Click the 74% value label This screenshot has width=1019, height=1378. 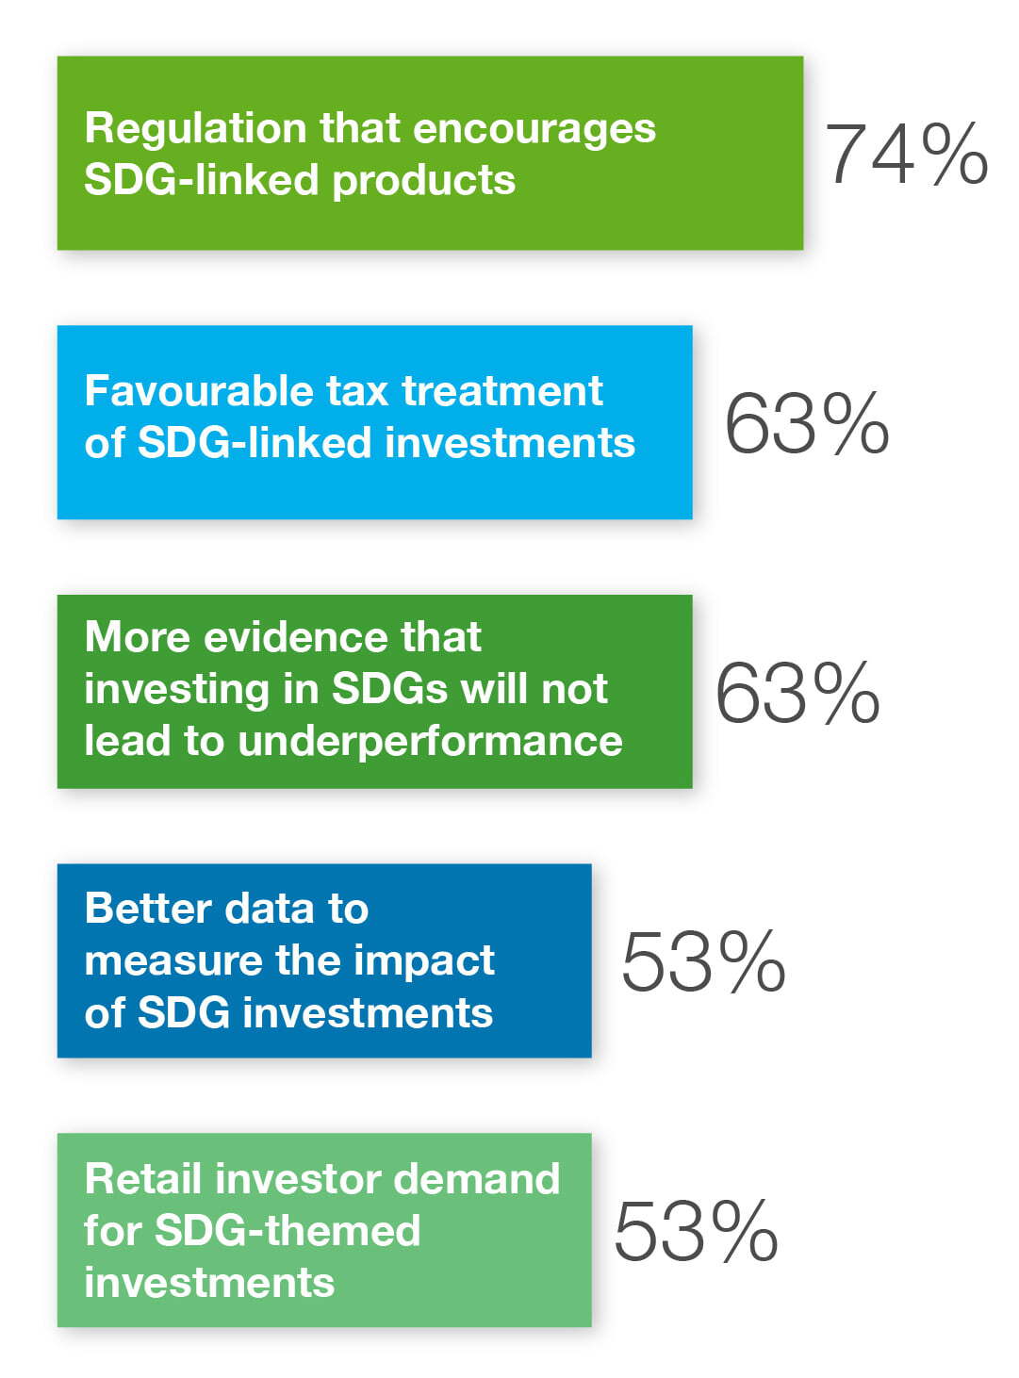pyautogui.click(x=906, y=154)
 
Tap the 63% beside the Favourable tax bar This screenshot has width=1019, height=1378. pyautogui.click(x=807, y=423)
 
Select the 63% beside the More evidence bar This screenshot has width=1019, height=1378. pyautogui.click(x=797, y=692)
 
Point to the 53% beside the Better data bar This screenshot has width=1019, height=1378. pyautogui.click(x=703, y=961)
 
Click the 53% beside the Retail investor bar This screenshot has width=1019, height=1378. pyautogui.click(x=696, y=1230)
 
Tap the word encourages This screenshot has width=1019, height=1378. pyautogui.click(x=534, y=129)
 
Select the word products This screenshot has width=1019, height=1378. pyautogui.click(x=424, y=181)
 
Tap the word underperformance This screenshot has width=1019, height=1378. pyautogui.click(x=430, y=742)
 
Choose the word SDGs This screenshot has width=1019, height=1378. pyautogui.click(x=389, y=690)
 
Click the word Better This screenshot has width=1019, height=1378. pyautogui.click(x=148, y=909)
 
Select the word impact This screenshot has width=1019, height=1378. pyautogui.click(x=424, y=961)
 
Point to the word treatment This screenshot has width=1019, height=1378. pyautogui.click(x=502, y=391)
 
